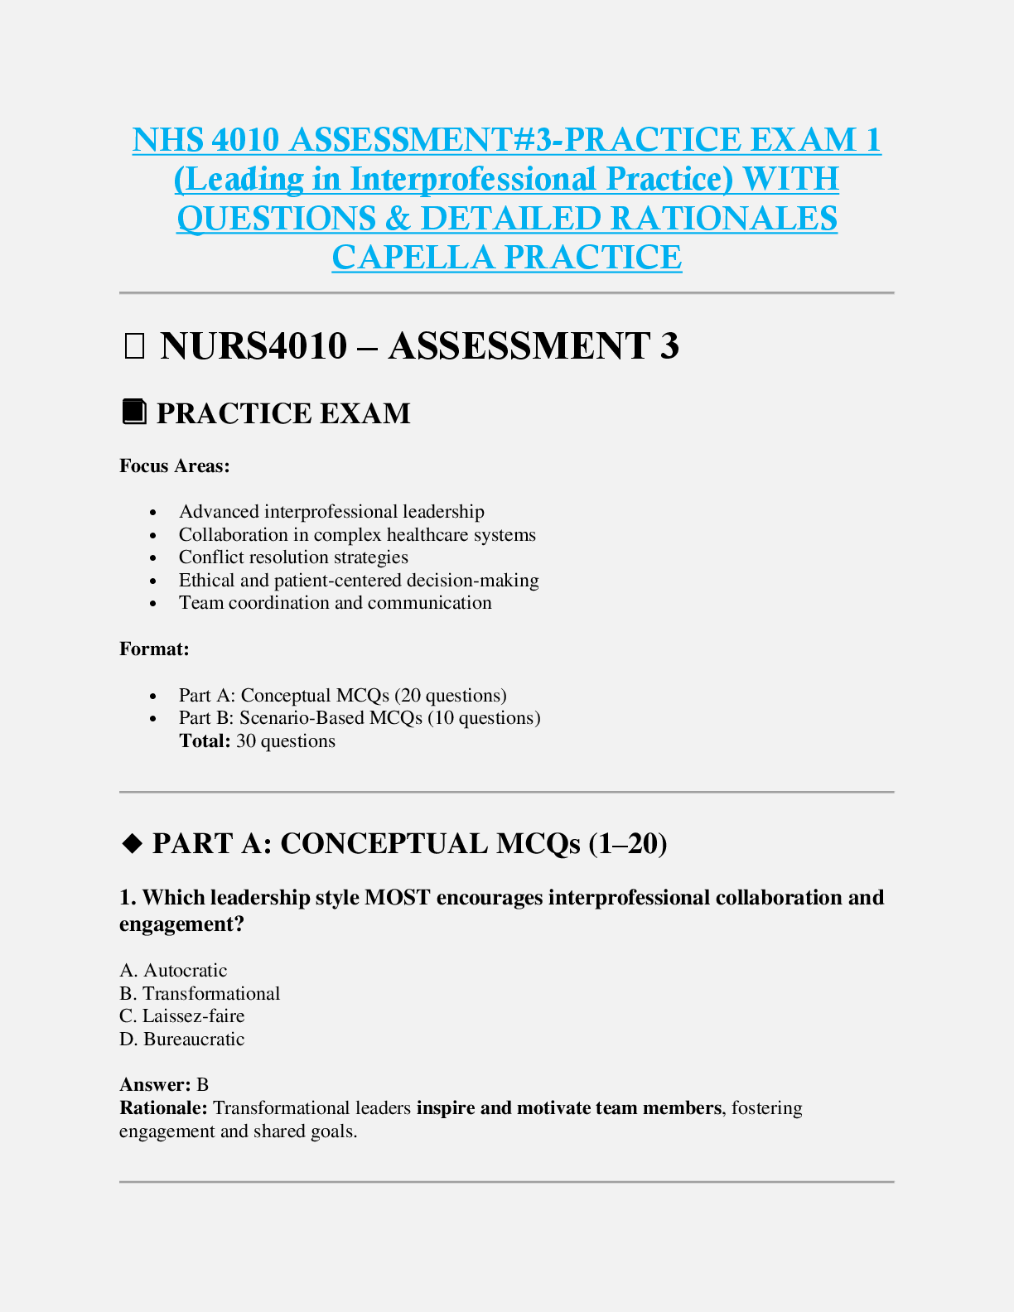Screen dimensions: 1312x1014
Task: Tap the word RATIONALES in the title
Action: tap(724, 219)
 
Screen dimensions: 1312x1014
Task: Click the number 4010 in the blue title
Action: tap(244, 140)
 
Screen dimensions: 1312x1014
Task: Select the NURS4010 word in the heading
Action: tap(254, 346)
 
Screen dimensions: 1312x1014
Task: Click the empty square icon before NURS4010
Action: tap(133, 346)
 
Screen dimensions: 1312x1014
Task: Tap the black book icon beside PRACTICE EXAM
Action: tap(134, 412)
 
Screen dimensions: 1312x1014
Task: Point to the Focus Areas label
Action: tap(174, 466)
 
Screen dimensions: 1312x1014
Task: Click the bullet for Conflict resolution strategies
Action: tap(153, 559)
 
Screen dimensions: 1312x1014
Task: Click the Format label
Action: tap(154, 649)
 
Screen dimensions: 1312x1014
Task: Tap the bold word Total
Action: tap(205, 741)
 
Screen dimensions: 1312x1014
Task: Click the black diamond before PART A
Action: tap(132, 843)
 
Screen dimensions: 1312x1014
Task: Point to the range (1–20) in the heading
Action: tap(628, 843)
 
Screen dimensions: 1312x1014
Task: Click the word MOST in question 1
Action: tap(397, 898)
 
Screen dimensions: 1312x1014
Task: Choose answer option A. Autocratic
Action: tap(173, 971)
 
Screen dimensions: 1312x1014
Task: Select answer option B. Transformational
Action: tap(200, 994)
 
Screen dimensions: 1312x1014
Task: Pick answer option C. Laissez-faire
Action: tap(182, 1016)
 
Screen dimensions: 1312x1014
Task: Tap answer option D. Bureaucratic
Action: tap(182, 1039)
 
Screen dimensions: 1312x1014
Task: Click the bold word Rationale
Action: tap(162, 1108)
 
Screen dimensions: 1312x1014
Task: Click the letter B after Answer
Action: tap(203, 1085)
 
